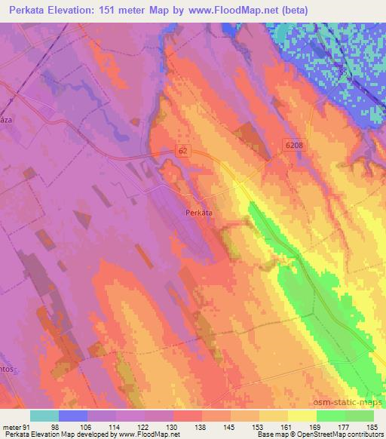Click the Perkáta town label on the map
(199, 213)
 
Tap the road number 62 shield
(184, 151)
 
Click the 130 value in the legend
(173, 426)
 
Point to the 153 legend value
(259, 426)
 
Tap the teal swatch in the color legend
(44, 416)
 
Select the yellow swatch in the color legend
(302, 416)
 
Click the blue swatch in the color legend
(73, 416)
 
